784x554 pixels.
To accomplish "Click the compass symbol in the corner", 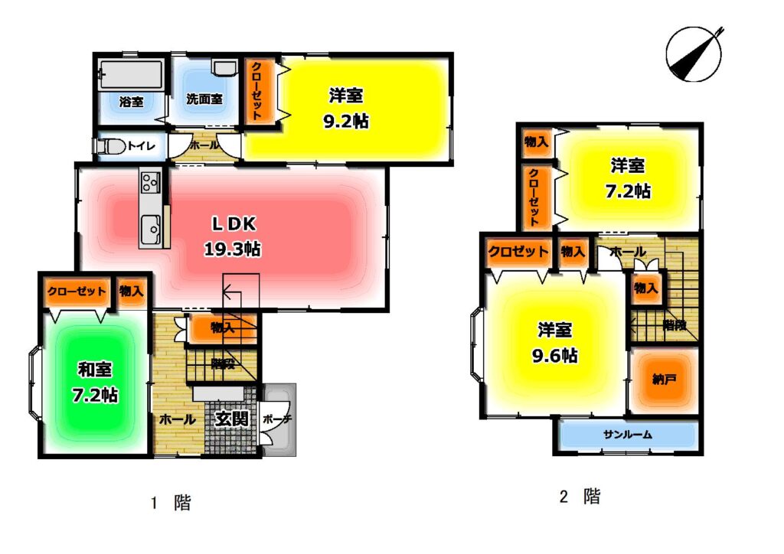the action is (x=694, y=54).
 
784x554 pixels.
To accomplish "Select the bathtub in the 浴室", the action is (x=131, y=75).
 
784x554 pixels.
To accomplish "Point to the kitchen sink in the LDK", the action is (x=150, y=230).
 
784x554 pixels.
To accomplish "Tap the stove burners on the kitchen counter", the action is (x=150, y=182).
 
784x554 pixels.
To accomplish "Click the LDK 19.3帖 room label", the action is (x=233, y=236).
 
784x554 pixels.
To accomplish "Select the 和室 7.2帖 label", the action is (x=95, y=382).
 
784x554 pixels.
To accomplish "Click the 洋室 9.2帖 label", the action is (x=346, y=108).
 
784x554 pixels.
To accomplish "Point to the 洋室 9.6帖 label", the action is (x=555, y=343).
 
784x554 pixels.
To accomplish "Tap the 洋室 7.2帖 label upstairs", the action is (x=628, y=178).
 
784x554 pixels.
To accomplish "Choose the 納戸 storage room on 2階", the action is (x=664, y=380).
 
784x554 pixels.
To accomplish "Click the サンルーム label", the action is (x=628, y=435).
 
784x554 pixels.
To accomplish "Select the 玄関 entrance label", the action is (x=231, y=419).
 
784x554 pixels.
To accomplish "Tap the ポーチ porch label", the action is (x=277, y=419).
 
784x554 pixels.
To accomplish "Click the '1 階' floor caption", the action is (x=171, y=503).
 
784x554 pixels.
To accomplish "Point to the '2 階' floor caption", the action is (x=580, y=497).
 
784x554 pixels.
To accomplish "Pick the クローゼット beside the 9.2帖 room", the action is (x=258, y=91).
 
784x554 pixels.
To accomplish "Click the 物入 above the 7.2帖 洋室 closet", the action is (x=536, y=142).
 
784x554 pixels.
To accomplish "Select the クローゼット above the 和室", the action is (x=77, y=292).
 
